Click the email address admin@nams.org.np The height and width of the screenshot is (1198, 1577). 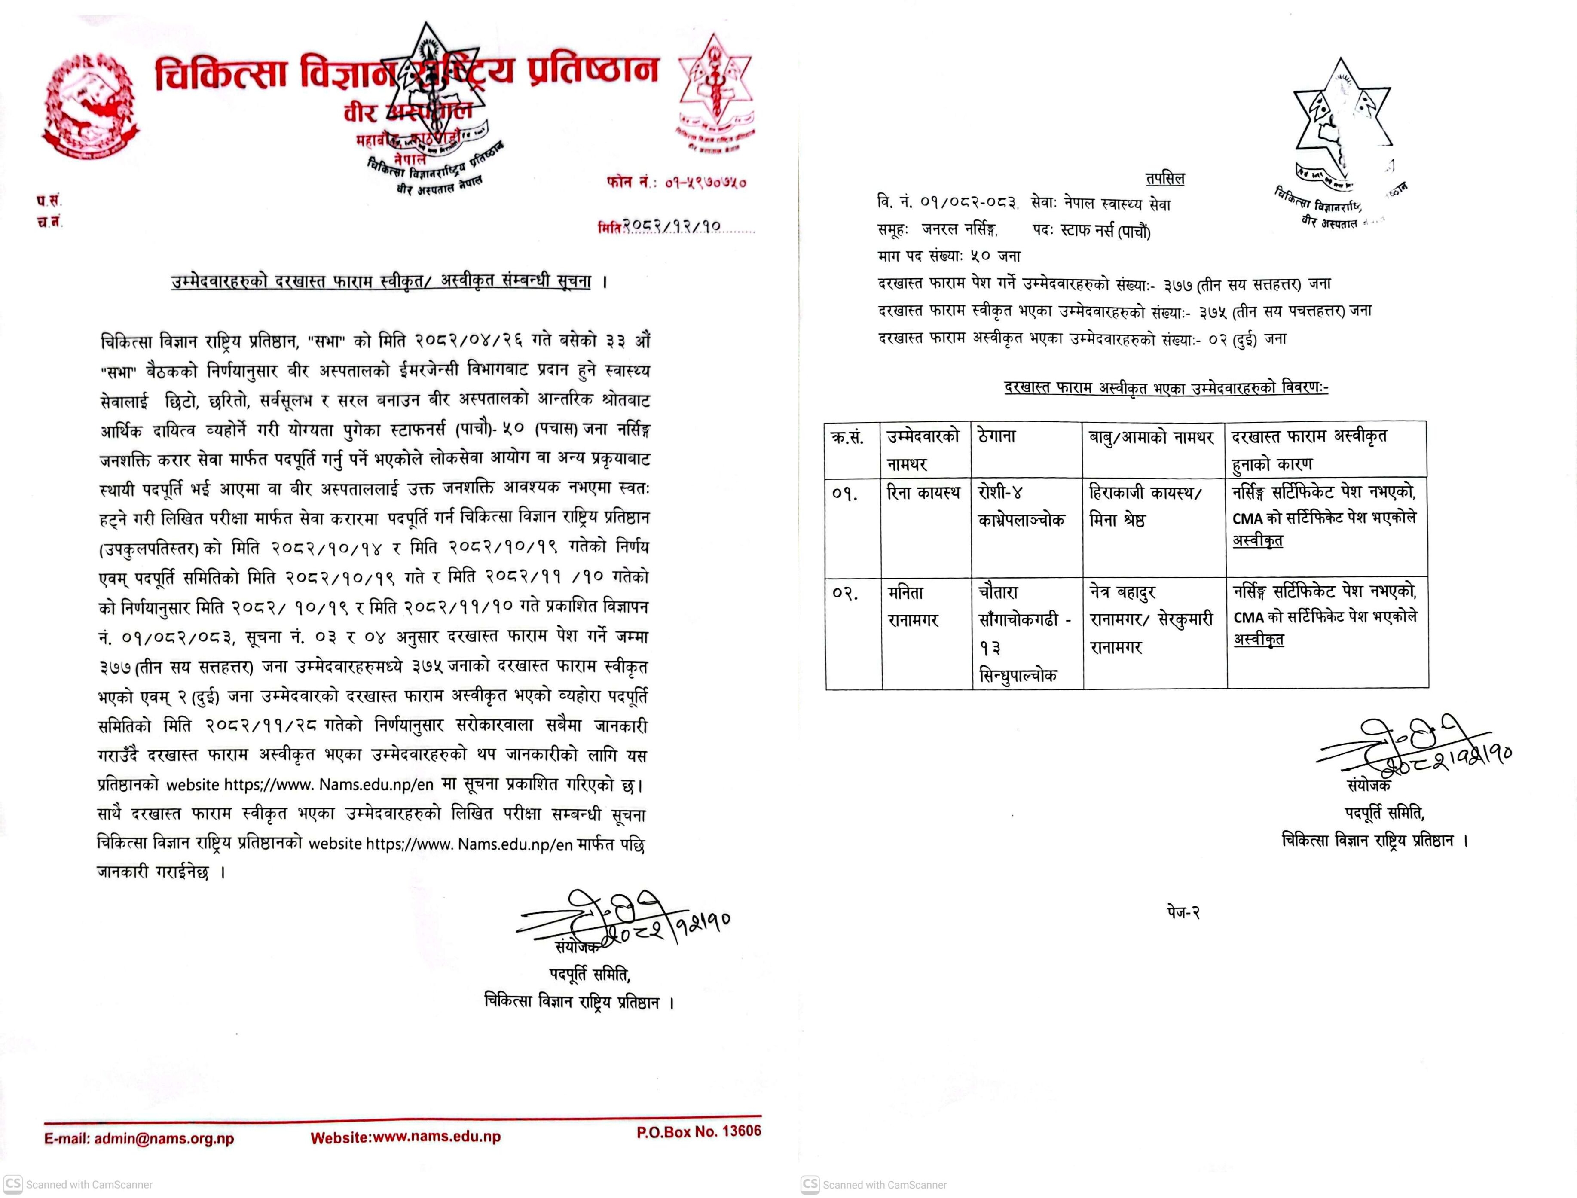(139, 1139)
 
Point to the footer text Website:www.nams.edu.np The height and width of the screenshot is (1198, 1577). (405, 1137)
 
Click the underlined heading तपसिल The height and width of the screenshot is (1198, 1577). (1165, 178)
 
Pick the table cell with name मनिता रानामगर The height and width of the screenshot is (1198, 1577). (914, 606)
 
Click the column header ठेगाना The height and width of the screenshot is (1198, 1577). (997, 436)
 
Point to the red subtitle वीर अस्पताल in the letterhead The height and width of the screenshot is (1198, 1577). (406, 112)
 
